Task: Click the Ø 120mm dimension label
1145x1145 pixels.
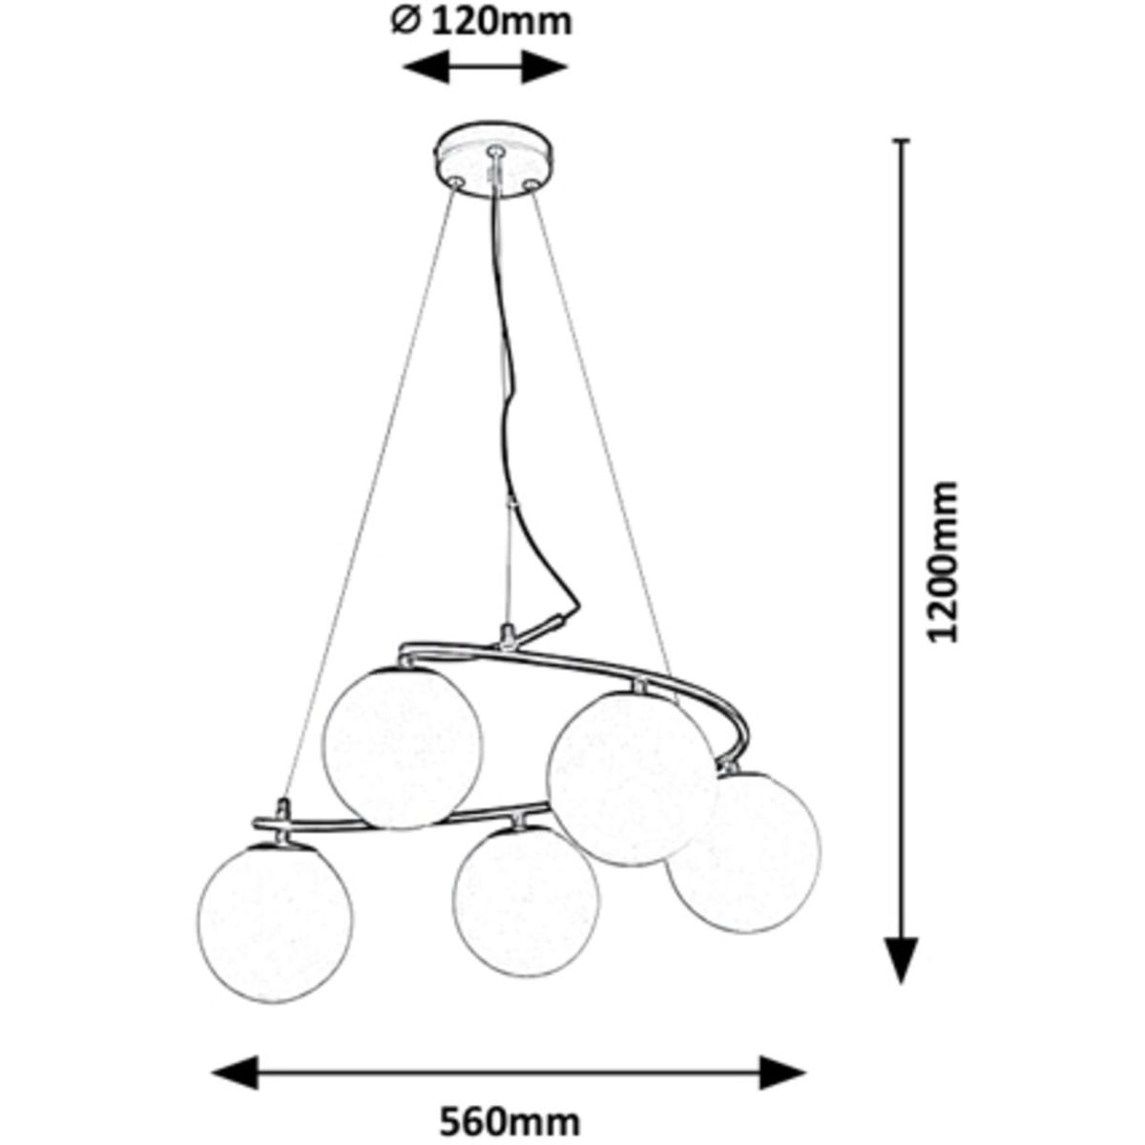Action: pyautogui.click(x=483, y=20)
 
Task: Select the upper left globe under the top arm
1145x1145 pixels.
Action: pyautogui.click(x=402, y=744)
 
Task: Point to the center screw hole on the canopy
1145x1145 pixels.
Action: pyautogui.click(x=493, y=151)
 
